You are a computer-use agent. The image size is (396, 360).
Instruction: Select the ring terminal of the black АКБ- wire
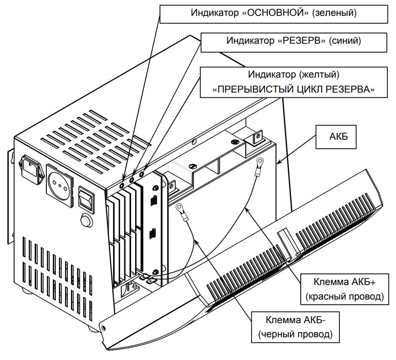click(181, 207)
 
